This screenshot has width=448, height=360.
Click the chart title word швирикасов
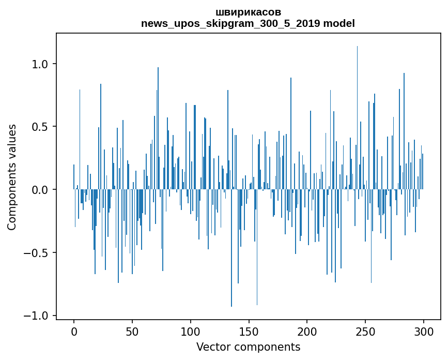[x=248, y=12]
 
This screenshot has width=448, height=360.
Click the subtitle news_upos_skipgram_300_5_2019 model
[x=248, y=23]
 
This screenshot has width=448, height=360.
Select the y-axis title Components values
[x=12, y=177]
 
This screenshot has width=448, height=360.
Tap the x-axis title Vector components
[x=248, y=347]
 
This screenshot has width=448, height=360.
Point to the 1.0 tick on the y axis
[x=40, y=64]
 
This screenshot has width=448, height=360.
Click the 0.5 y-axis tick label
[x=40, y=127]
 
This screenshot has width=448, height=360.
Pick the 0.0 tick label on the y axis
[x=40, y=190]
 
